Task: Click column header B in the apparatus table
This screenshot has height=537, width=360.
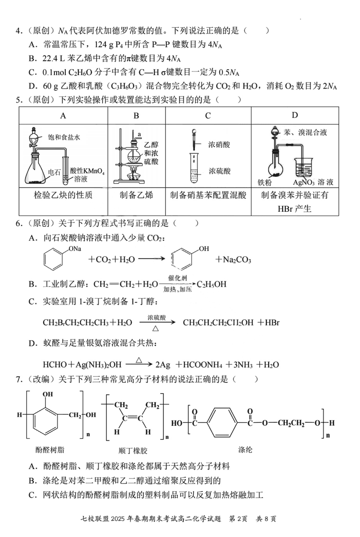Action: click(x=136, y=116)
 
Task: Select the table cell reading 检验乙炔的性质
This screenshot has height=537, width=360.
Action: click(x=63, y=195)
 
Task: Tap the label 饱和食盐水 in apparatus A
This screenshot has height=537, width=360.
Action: click(x=64, y=137)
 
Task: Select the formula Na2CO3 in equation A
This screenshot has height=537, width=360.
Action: click(x=234, y=260)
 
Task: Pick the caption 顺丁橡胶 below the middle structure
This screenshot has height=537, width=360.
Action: click(x=132, y=450)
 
